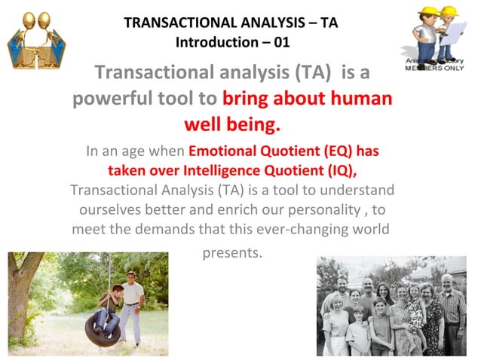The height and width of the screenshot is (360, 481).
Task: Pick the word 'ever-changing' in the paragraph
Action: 290,228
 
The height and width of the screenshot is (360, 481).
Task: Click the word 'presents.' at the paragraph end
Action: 232,252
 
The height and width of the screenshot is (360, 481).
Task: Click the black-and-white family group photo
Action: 391,306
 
